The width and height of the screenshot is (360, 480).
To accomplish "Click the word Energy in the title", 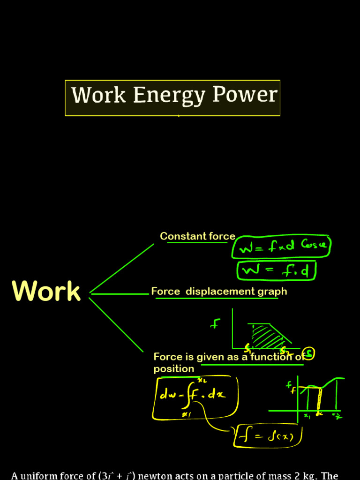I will (x=169, y=96).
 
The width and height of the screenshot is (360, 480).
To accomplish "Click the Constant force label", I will (x=197, y=236).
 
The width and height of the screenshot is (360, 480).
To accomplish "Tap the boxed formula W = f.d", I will (x=277, y=271).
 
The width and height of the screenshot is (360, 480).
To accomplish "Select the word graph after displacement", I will (x=272, y=292).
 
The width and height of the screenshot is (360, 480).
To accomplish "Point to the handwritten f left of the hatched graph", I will (x=215, y=323).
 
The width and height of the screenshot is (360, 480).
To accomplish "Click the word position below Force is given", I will (x=173, y=369).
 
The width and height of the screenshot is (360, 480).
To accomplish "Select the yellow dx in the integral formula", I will (x=217, y=394).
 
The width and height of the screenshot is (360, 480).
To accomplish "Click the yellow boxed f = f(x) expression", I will (x=270, y=436).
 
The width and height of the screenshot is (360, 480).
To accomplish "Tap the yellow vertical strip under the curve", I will (x=319, y=398).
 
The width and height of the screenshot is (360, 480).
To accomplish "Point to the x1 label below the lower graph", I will (x=307, y=416).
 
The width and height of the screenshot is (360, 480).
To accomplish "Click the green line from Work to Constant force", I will (x=122, y=268).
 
